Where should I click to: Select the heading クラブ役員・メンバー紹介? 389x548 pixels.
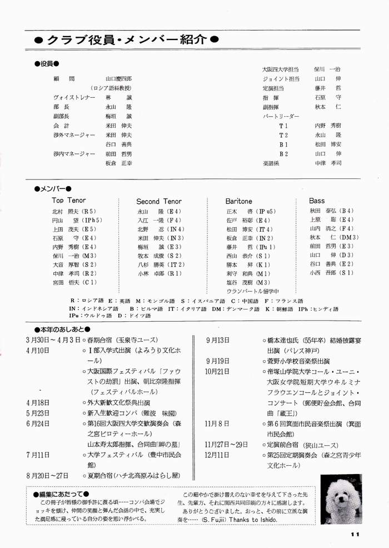click(x=125, y=39)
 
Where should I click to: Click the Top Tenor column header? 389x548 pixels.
click(x=69, y=200)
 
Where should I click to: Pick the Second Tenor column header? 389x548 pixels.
click(x=159, y=201)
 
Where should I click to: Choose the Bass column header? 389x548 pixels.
click(x=317, y=200)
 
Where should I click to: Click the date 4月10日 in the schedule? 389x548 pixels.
click(x=37, y=351)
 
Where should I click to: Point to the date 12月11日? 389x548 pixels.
click(x=217, y=454)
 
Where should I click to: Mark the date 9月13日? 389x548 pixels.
click(x=217, y=340)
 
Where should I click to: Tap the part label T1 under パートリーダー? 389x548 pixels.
click(x=283, y=126)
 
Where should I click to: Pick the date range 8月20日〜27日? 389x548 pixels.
click(x=47, y=475)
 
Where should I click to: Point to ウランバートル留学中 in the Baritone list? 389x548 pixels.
click(x=252, y=291)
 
